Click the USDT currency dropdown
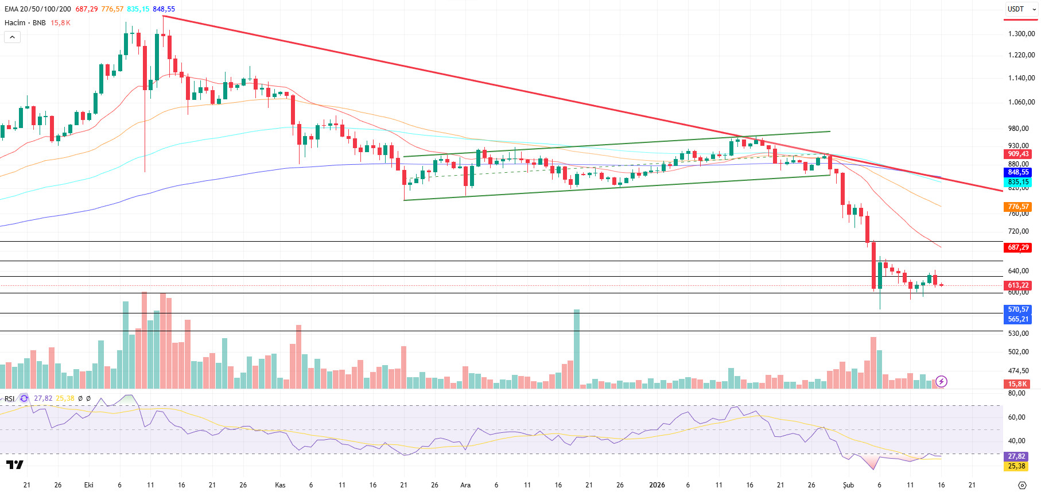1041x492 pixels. [x=1021, y=9]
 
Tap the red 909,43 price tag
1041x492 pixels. [x=1018, y=154]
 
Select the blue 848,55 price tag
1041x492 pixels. [x=1018, y=172]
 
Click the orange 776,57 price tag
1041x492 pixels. [x=1018, y=207]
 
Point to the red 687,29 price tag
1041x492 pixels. [x=1018, y=247]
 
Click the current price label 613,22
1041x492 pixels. [x=1018, y=285]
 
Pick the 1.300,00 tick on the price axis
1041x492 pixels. [x=1021, y=34]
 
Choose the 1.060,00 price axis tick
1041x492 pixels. [x=1021, y=102]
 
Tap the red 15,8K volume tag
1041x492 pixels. [x=1017, y=384]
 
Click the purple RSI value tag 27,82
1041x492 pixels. [x=1016, y=456]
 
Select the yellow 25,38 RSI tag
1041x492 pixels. [x=1016, y=466]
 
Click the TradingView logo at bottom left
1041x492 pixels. [x=15, y=464]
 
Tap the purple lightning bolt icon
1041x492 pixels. [x=941, y=381]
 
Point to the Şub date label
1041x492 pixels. [x=848, y=485]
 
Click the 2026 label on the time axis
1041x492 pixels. [x=657, y=485]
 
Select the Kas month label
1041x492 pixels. [x=280, y=485]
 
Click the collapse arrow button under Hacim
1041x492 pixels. [x=13, y=37]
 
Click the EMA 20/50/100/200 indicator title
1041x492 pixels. [x=38, y=9]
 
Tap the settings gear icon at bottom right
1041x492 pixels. [x=1021, y=485]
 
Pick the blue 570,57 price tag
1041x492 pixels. [x=1018, y=309]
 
